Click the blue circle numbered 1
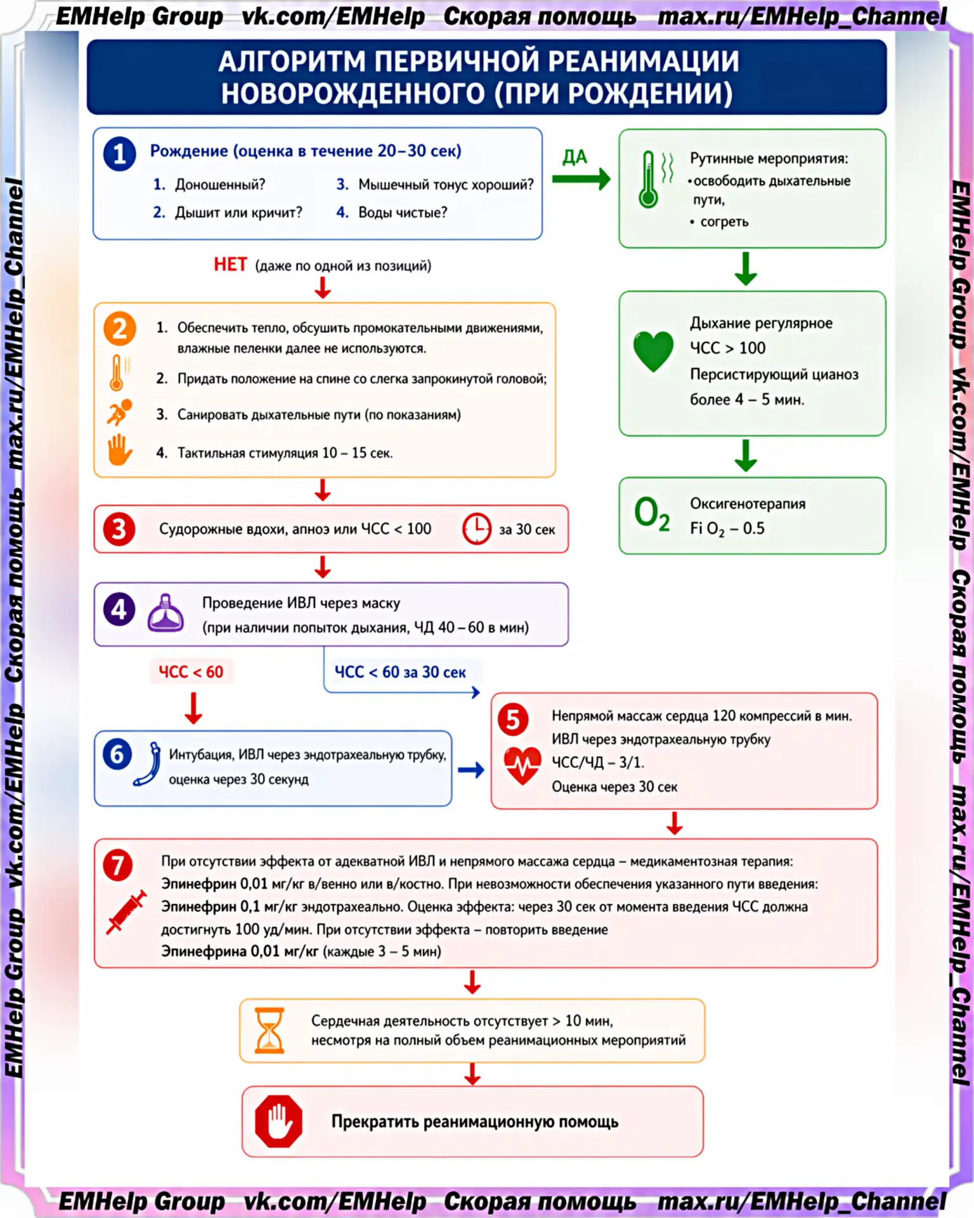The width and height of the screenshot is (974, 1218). (x=119, y=154)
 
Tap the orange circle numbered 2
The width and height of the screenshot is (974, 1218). (x=119, y=329)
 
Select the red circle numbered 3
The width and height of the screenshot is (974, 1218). (x=119, y=529)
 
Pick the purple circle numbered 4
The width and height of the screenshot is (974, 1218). (x=119, y=610)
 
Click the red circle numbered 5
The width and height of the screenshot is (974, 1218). (x=513, y=720)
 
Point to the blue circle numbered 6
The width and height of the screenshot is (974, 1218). (x=117, y=754)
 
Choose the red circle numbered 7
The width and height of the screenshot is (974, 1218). (x=118, y=865)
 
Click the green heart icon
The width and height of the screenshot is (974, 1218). (x=653, y=351)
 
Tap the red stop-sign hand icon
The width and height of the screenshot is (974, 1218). (x=278, y=1121)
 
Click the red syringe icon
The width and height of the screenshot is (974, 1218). (x=126, y=912)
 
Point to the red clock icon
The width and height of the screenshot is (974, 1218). (x=477, y=528)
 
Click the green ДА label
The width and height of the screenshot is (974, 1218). (x=575, y=157)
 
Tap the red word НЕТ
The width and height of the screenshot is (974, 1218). (x=230, y=265)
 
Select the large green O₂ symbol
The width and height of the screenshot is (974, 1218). (x=652, y=514)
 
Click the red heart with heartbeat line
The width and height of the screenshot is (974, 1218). (x=523, y=766)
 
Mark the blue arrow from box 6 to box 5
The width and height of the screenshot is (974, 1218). (x=471, y=770)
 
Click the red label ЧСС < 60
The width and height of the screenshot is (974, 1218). (x=191, y=672)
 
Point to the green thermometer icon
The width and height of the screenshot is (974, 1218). (x=648, y=180)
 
